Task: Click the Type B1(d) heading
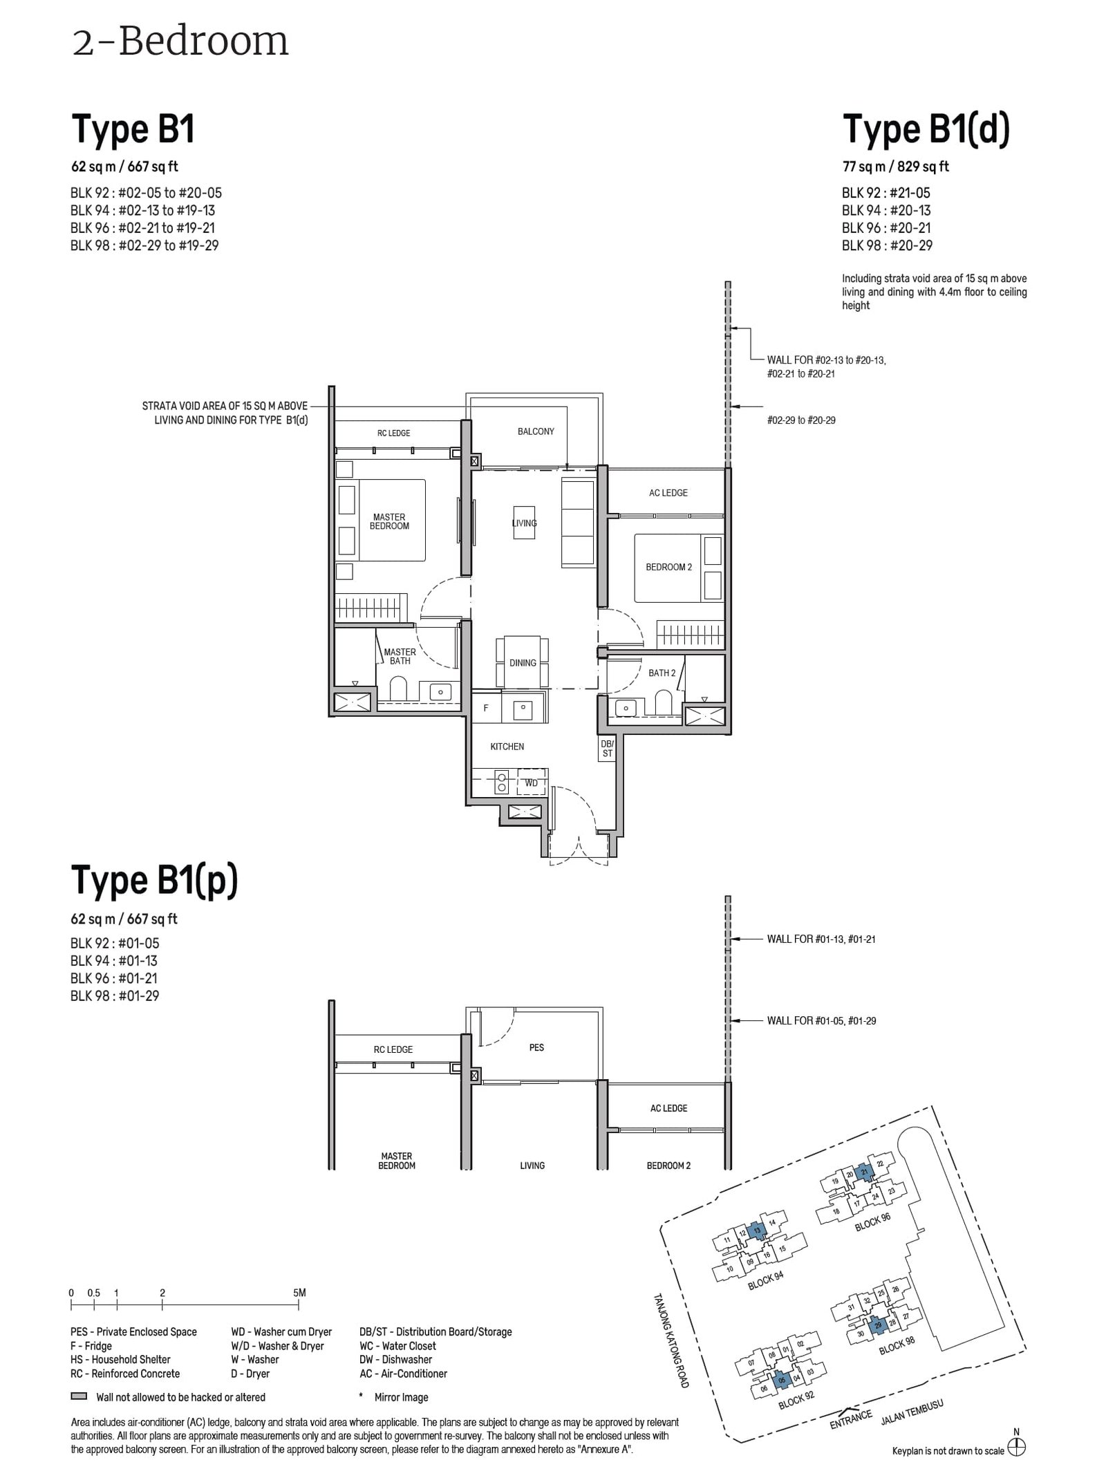tap(926, 129)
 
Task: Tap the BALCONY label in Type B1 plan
tap(536, 431)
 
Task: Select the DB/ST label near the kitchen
tap(607, 749)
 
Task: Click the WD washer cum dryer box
tap(531, 783)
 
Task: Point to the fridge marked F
tap(486, 708)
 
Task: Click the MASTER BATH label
tap(400, 656)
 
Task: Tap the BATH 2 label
tap(662, 673)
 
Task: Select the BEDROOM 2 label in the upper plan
tap(668, 567)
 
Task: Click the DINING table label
tap(523, 662)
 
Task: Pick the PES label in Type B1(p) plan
tap(536, 1047)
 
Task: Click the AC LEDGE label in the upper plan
tap(668, 493)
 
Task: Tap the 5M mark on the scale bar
tap(299, 1292)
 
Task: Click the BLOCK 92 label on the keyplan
tap(796, 1401)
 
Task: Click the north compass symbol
tap(1015, 1448)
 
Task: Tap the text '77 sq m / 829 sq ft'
tap(895, 167)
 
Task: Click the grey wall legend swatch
tap(78, 1396)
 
